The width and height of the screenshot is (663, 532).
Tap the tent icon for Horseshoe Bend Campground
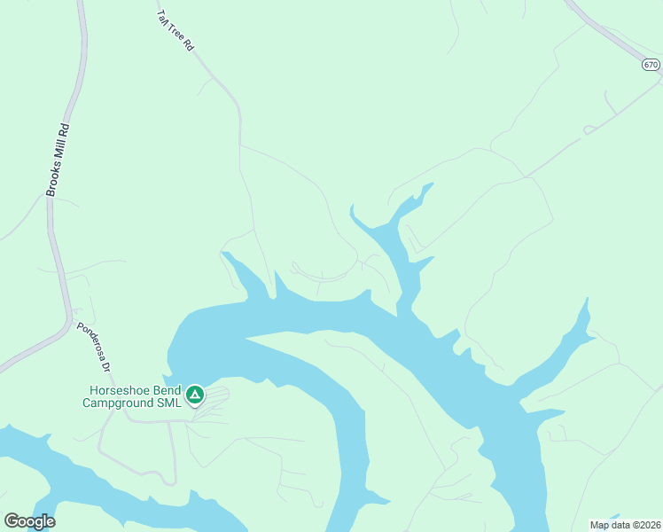[194, 394]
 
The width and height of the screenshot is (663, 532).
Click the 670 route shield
[651, 65]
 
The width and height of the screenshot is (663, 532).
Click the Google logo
[29, 521]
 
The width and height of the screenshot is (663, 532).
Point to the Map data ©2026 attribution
[624, 524]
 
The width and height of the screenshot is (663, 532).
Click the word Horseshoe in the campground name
[122, 391]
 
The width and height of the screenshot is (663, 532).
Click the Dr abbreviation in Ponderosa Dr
[105, 364]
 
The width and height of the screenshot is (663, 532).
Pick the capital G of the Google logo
[12, 521]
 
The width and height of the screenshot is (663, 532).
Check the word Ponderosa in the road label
[90, 340]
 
